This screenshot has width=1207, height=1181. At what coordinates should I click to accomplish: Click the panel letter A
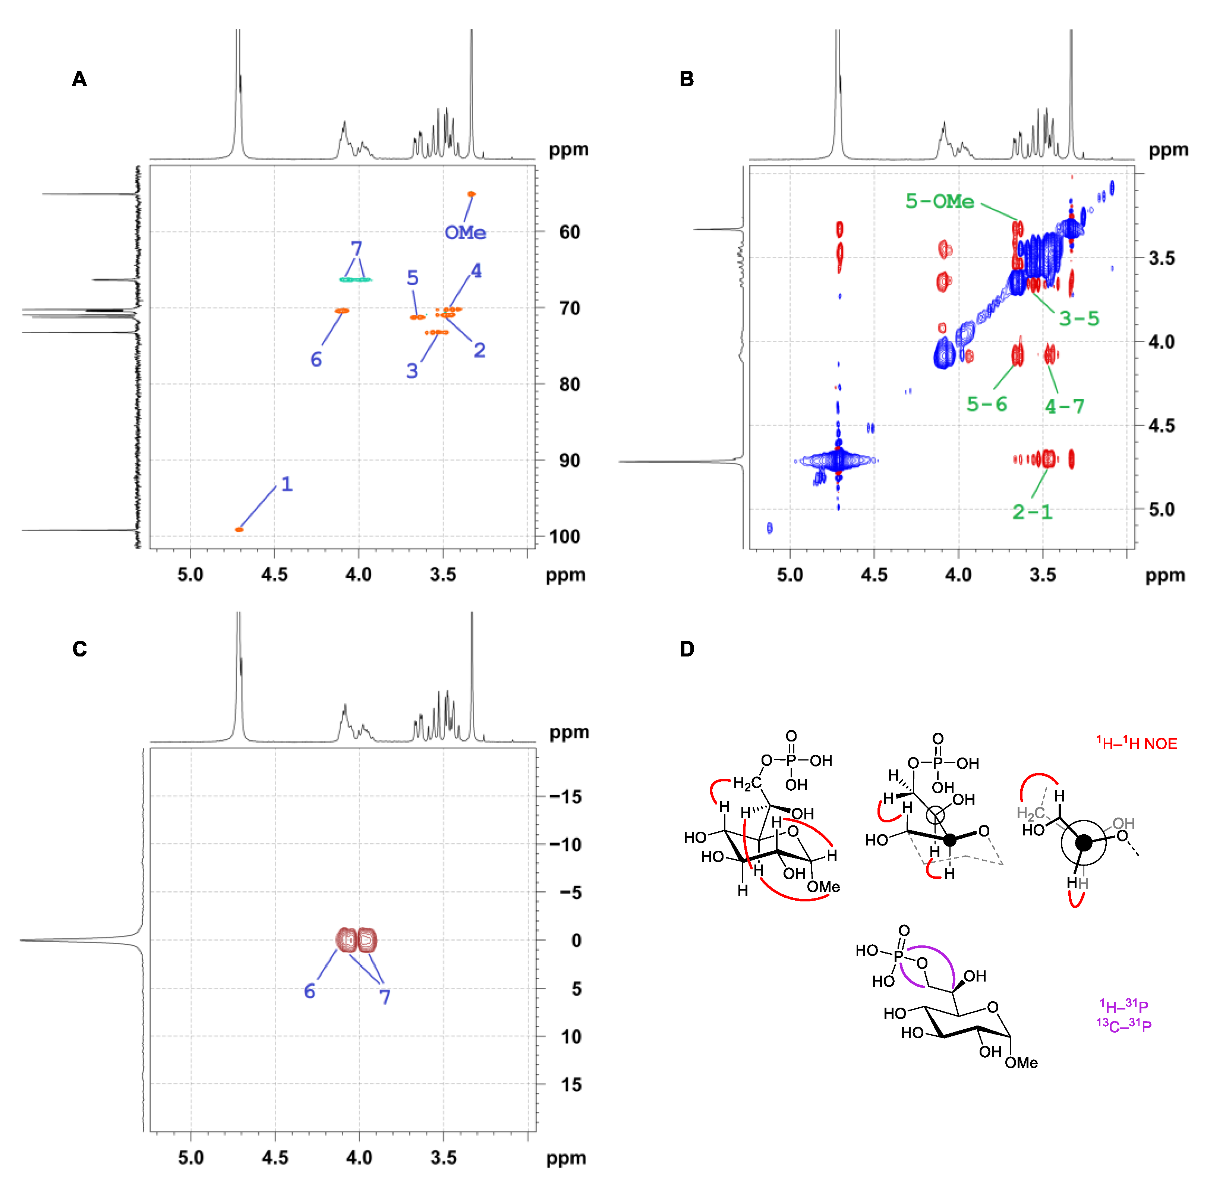coord(79,79)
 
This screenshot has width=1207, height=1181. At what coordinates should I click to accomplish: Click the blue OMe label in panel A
coord(465,233)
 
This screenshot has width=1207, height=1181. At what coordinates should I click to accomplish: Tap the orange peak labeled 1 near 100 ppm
coord(239,529)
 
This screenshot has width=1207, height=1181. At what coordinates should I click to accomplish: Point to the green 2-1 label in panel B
coord(1032,512)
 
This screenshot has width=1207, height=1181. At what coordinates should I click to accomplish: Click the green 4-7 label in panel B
coord(1064,406)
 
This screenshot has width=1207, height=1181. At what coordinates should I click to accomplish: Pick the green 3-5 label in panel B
coord(1079,318)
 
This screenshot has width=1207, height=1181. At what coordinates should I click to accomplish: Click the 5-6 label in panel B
coord(986,404)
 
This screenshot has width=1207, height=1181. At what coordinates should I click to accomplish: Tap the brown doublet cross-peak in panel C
coord(357,940)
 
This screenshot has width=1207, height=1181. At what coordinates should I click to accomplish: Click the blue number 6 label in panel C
coord(309,991)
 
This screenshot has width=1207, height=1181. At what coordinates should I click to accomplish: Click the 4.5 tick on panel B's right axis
coord(1161,425)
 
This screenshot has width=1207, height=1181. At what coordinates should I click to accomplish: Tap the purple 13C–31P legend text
coord(1124,1025)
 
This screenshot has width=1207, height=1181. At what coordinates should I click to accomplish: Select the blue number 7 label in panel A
coord(356,249)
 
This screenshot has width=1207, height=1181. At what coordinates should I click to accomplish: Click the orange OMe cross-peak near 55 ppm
coord(472,194)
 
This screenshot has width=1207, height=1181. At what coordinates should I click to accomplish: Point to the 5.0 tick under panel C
coord(191,1158)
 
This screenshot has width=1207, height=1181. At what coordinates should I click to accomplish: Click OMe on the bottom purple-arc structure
coord(1021,1062)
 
